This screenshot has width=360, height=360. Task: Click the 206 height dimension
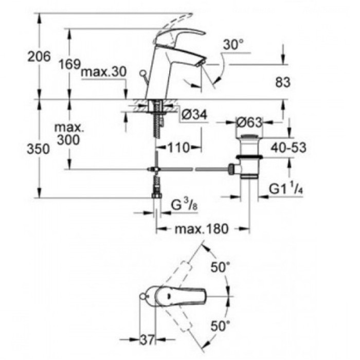(39, 57)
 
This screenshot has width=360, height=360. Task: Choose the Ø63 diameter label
(249, 122)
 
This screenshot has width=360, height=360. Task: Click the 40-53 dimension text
(287, 148)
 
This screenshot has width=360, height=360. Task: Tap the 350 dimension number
(39, 149)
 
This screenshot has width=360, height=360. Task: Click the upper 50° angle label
(220, 268)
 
